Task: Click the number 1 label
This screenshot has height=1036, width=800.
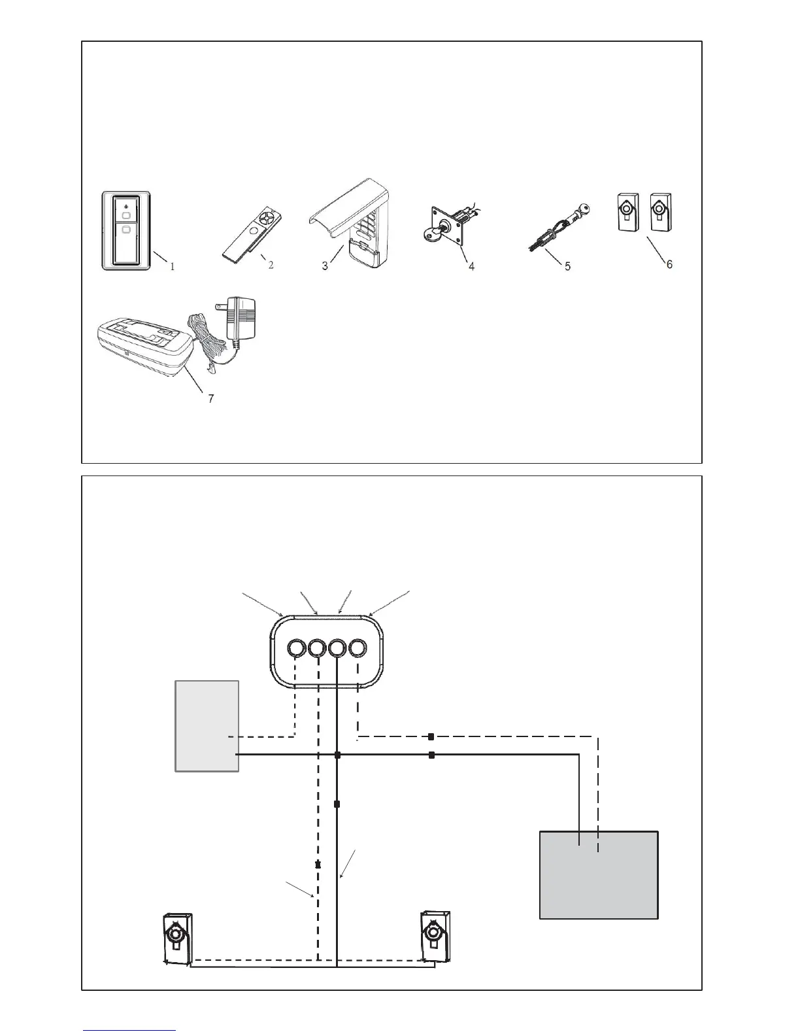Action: (x=173, y=267)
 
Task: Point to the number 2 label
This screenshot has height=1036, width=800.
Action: (x=271, y=265)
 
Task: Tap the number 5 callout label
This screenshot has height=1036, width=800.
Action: (x=567, y=266)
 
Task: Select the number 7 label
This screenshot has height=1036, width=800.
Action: (x=210, y=398)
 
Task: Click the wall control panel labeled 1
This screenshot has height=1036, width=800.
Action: (x=126, y=230)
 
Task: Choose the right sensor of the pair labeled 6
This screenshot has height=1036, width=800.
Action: (x=660, y=213)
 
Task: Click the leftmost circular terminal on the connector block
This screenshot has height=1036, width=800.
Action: (x=295, y=649)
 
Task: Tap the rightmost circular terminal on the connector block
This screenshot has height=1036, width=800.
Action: (x=358, y=649)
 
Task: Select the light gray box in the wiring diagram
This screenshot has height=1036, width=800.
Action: (x=207, y=726)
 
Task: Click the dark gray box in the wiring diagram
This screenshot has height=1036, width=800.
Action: (x=598, y=875)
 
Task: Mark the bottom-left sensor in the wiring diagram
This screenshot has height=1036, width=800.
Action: (x=176, y=938)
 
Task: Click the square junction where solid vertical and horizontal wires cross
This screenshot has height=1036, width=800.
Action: (x=337, y=755)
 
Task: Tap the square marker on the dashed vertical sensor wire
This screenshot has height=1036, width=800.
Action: (x=318, y=865)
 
